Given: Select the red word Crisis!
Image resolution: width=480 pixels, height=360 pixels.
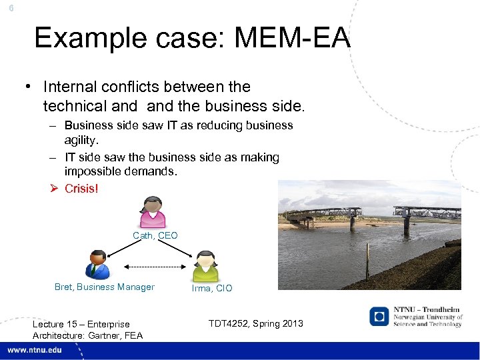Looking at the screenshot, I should [81, 189].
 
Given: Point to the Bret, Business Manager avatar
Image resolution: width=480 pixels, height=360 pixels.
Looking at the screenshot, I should [97, 265].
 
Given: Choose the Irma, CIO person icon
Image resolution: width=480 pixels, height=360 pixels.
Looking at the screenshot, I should [205, 267].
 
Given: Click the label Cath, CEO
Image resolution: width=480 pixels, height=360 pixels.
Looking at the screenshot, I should [155, 236].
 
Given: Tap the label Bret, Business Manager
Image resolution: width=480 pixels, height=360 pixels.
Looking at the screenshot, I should [104, 287].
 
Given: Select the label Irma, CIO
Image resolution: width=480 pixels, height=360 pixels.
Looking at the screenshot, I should [212, 288].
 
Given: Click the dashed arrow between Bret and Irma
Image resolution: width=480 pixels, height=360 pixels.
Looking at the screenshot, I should [153, 267].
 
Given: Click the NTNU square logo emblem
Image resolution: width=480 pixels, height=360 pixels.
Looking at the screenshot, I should [379, 316].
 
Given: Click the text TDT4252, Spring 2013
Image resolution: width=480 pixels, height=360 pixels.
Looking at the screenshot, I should [255, 324].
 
